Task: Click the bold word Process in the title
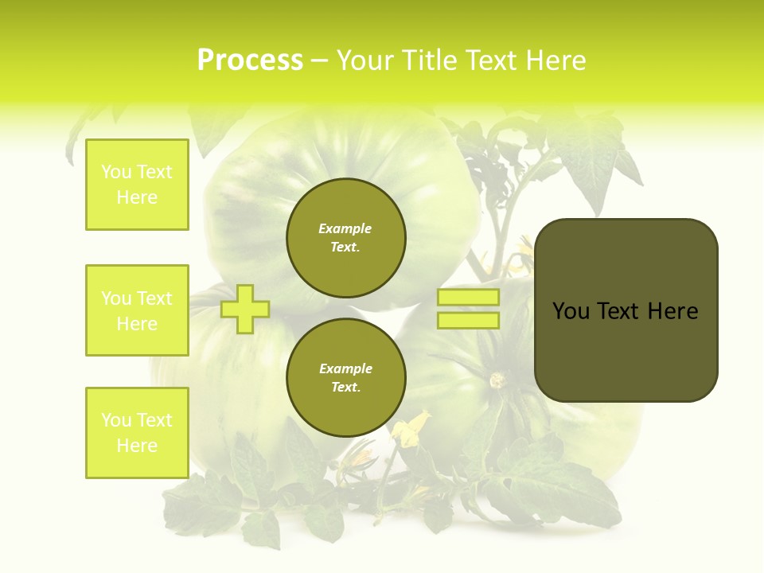(x=250, y=60)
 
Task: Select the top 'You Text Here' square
(x=137, y=185)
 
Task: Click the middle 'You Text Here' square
(x=137, y=310)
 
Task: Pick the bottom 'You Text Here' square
(x=137, y=433)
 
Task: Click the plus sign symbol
(x=244, y=309)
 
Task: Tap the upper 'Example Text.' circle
(x=345, y=237)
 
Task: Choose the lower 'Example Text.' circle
(x=345, y=377)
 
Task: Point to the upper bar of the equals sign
(x=468, y=298)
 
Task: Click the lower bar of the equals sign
(x=468, y=320)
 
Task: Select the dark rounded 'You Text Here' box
(x=626, y=310)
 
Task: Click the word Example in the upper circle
(x=345, y=228)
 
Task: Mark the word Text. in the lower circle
(x=345, y=387)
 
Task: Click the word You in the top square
(x=116, y=172)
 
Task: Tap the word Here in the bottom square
(x=137, y=446)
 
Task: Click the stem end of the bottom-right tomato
(x=498, y=380)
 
